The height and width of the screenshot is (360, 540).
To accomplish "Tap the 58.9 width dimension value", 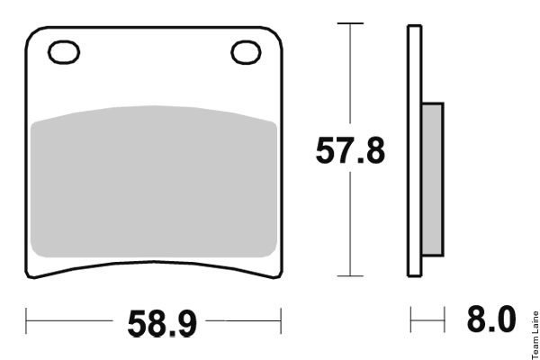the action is [162, 324].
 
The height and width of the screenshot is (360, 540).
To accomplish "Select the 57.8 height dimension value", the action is [350, 150].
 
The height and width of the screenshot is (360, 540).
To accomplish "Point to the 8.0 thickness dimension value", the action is [491, 319].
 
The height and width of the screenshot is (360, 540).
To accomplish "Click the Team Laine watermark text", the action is [535, 335].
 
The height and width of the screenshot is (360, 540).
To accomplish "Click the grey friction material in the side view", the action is [433, 179].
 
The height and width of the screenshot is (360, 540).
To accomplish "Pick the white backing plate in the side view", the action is [415, 150].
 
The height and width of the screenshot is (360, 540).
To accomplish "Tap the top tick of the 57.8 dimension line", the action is [350, 23].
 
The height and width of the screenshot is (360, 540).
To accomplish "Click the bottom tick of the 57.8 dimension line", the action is [350, 276].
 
